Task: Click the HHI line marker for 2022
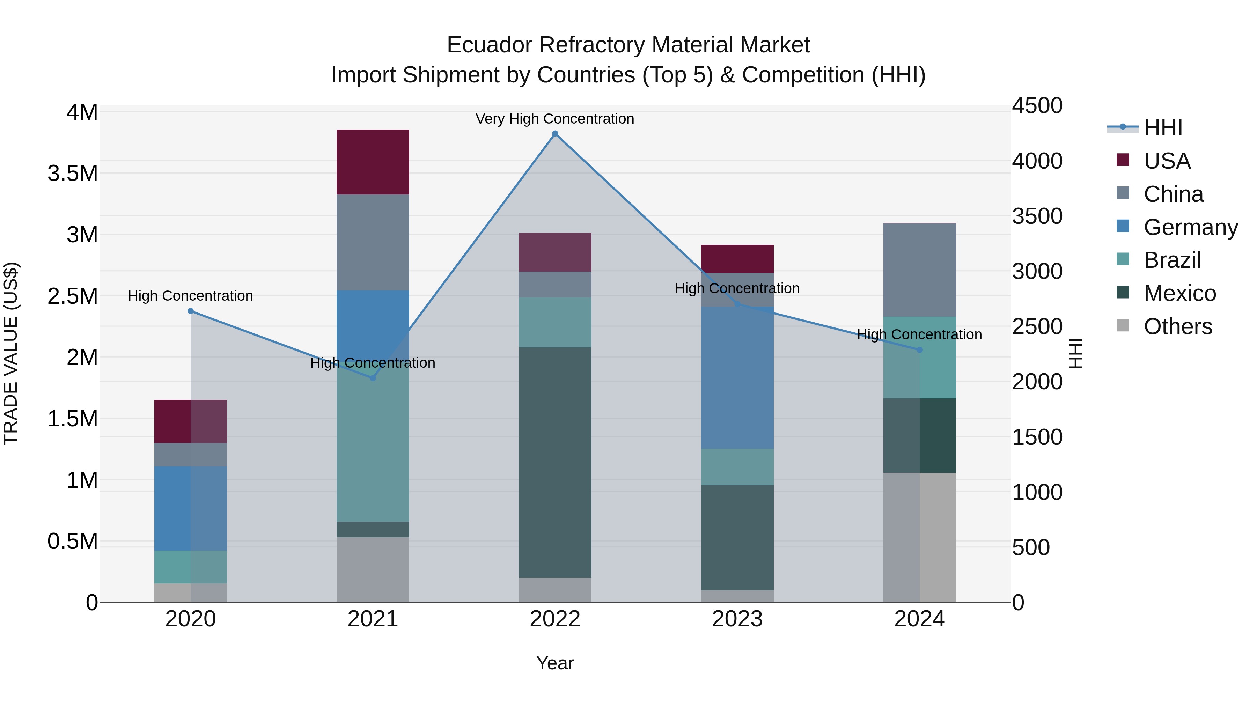pyautogui.click(x=555, y=134)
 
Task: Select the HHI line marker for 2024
pyautogui.click(x=919, y=350)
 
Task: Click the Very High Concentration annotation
pyautogui.click(x=555, y=119)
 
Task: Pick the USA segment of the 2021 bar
pyautogui.click(x=373, y=162)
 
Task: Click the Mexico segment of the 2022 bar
pyautogui.click(x=555, y=463)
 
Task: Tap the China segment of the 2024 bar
pyautogui.click(x=919, y=270)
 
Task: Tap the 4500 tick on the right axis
pyautogui.click(x=1037, y=106)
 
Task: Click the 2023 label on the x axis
pyautogui.click(x=737, y=619)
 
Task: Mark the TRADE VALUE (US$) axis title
pyautogui.click(x=11, y=353)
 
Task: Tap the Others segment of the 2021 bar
pyautogui.click(x=373, y=569)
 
